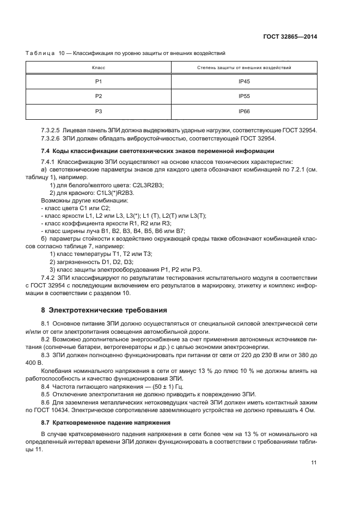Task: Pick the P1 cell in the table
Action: (x=99, y=81)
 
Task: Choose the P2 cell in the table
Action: (x=99, y=96)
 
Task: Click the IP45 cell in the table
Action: (x=243, y=81)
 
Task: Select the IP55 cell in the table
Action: (x=243, y=96)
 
